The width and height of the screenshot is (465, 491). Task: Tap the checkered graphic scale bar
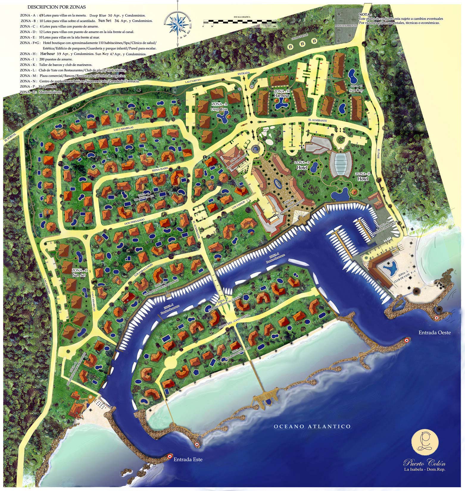coord(243,22)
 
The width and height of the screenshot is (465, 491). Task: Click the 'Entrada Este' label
coord(188,459)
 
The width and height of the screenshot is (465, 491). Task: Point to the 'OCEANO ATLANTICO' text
coord(312,427)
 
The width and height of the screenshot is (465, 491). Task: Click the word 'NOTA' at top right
coord(365,14)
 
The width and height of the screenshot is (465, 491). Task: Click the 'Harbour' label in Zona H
coord(282,96)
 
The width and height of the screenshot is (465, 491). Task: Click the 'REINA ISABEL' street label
coord(160,169)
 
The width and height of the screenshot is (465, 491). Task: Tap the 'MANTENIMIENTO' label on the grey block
coord(346,26)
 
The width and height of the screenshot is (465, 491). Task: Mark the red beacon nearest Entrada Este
coord(169,456)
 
